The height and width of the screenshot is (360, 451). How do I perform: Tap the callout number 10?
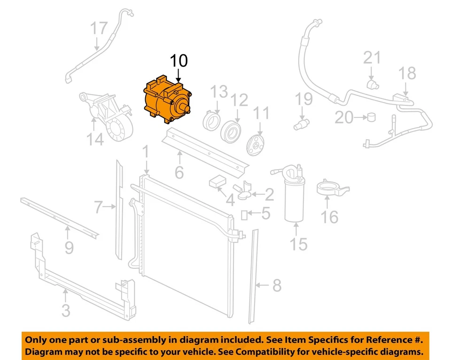tap(179, 61)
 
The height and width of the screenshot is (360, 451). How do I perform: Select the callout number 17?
tap(99, 29)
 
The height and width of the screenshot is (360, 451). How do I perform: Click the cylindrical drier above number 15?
tap(296, 197)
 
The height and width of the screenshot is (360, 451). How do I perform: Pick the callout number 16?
tap(330, 217)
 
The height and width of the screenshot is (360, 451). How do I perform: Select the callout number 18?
tap(407, 74)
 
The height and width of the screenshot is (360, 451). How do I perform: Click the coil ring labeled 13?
tap(211, 120)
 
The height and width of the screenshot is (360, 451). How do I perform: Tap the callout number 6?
tap(179, 172)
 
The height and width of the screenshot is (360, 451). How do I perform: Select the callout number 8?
tap(276, 285)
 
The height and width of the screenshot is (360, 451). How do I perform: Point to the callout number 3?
tap(66, 311)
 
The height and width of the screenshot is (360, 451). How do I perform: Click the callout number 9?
tap(69, 247)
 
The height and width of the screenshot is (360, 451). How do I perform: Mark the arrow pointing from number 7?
tap(110, 206)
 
